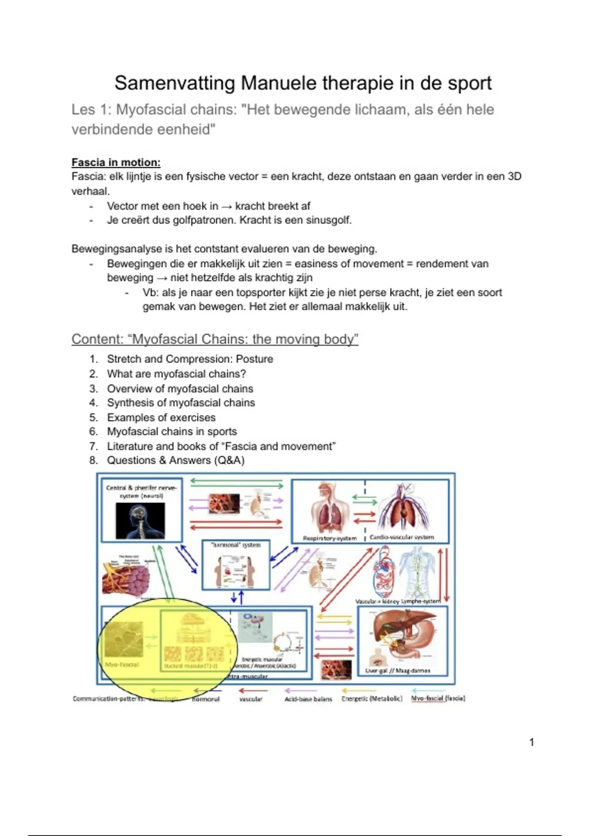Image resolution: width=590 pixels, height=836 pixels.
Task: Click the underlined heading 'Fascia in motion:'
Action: [116, 162]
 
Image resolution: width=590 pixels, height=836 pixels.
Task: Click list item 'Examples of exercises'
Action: [161, 418]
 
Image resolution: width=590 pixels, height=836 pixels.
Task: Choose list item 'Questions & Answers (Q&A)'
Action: [176, 460]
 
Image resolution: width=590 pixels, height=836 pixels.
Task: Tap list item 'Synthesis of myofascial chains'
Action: [181, 403]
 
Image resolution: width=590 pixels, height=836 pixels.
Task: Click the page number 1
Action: [531, 742]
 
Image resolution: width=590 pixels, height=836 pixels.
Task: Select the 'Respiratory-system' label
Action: [330, 538]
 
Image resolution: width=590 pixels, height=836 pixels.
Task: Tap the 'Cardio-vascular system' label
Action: [402, 537]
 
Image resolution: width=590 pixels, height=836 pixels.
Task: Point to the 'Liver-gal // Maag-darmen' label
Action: [398, 670]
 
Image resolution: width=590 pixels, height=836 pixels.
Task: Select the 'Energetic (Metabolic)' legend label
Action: [372, 698]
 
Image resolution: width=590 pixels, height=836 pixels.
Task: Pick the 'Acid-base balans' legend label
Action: [308, 699]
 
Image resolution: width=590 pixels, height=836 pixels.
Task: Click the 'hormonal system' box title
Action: [236, 545]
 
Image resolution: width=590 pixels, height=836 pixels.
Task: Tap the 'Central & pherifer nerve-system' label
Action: [141, 492]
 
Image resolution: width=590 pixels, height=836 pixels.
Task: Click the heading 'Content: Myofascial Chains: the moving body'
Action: [215, 339]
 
